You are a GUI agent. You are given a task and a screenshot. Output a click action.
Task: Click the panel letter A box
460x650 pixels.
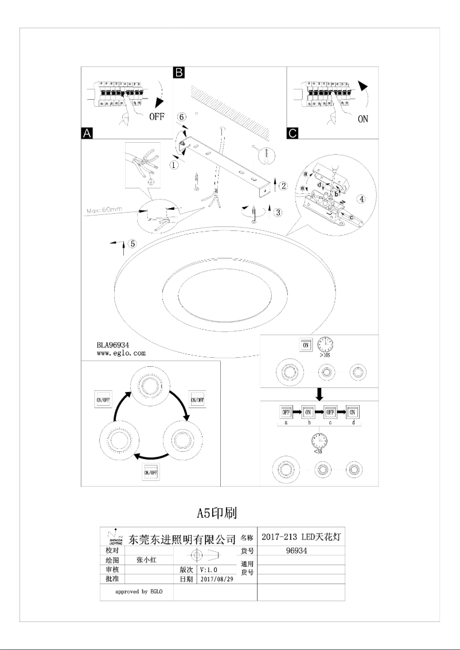point(87,133)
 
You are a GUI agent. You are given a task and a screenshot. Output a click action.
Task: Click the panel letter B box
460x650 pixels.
point(179,72)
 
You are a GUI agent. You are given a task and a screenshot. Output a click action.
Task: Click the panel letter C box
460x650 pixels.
point(292,133)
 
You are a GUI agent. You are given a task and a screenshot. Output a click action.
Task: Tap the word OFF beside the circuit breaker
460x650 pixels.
point(157,118)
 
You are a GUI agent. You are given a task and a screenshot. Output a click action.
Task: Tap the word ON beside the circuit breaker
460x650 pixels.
point(362,119)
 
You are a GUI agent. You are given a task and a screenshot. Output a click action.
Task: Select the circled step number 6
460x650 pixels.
point(181,117)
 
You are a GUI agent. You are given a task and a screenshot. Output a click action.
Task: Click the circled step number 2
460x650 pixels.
point(283,185)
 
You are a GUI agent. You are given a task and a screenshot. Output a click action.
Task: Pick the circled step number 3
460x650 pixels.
point(278,213)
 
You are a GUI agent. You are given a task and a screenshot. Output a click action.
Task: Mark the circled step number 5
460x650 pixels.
point(132,243)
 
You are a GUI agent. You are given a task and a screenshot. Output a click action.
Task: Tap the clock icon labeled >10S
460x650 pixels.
point(325,344)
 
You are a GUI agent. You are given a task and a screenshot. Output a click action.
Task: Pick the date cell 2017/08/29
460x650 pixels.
point(215,579)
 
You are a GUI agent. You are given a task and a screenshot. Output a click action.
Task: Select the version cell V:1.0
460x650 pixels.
point(209,570)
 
